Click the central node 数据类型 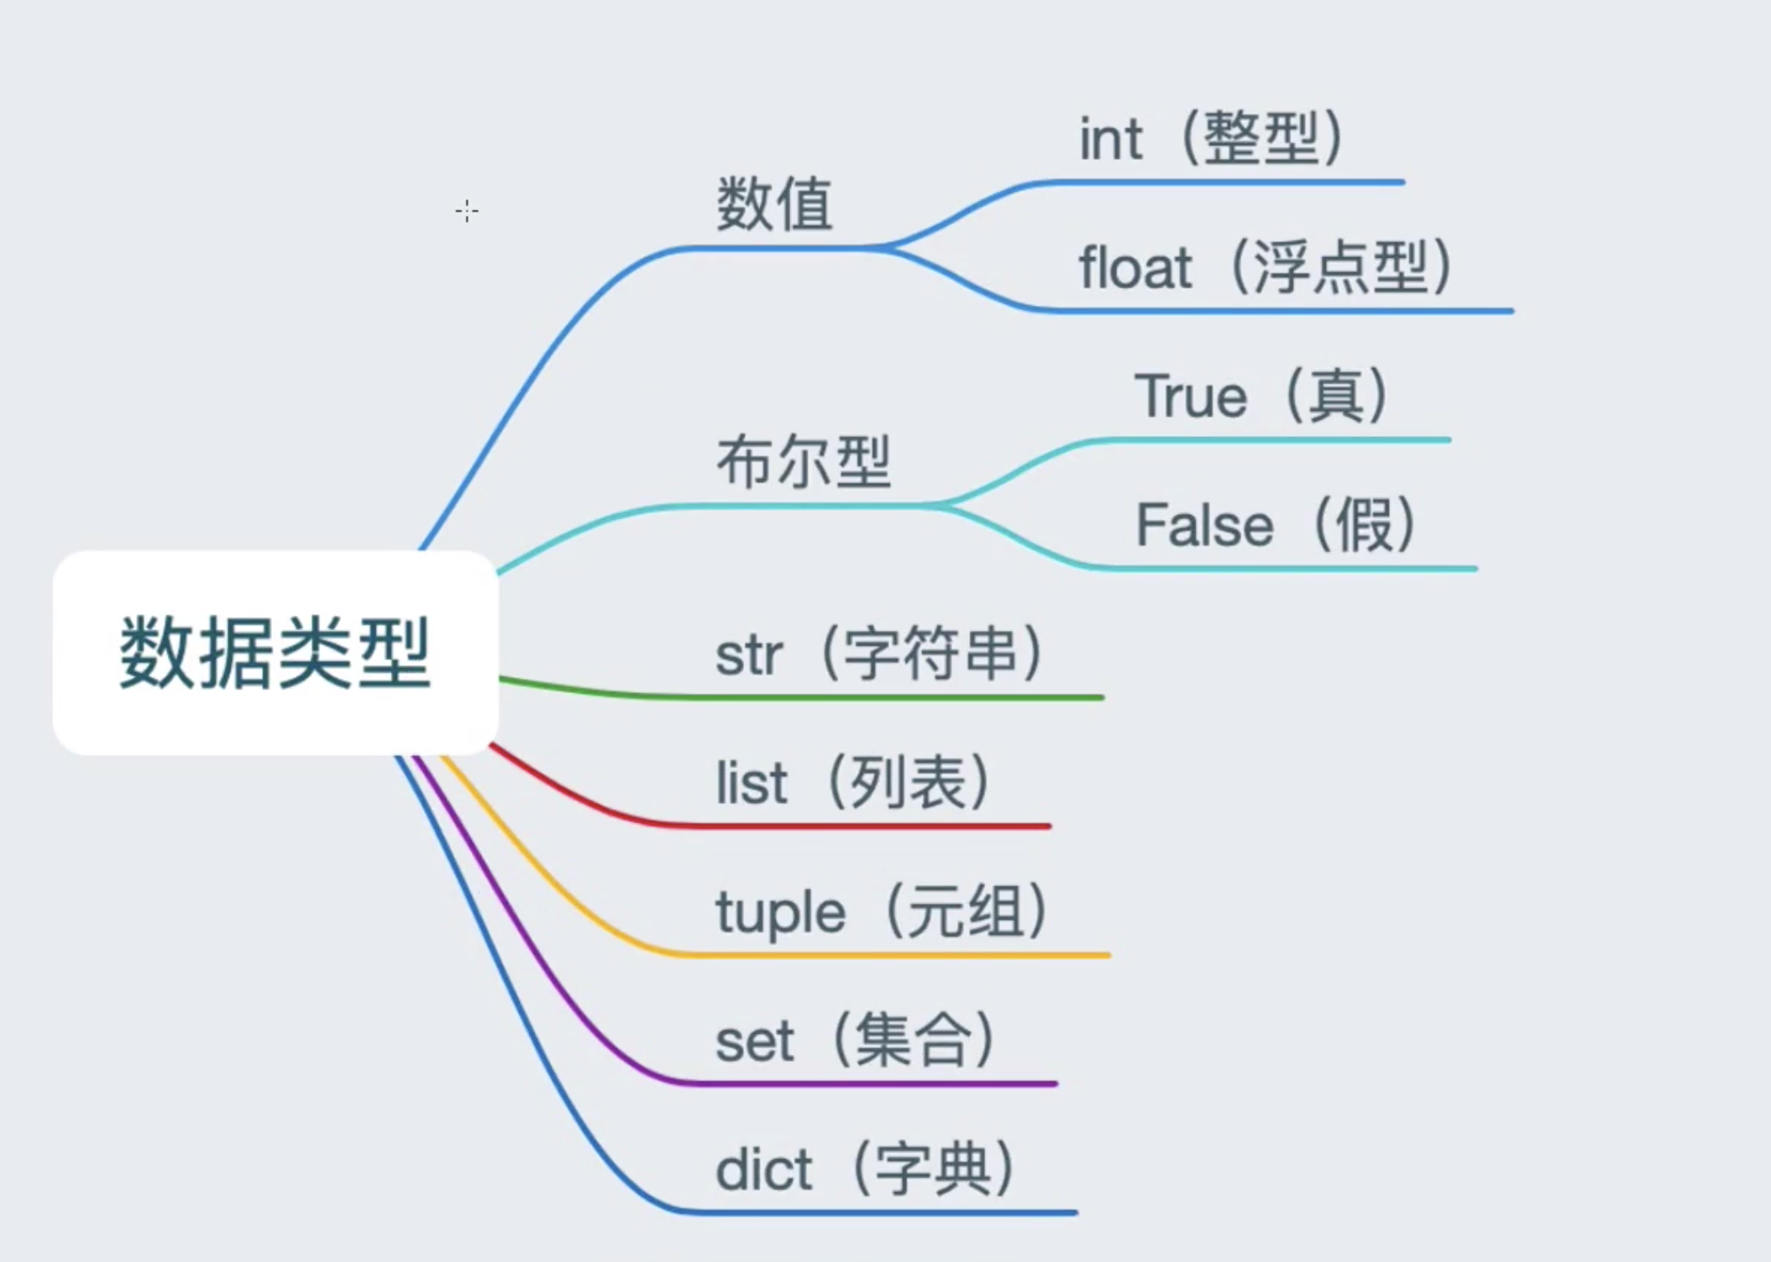pyautogui.click(x=275, y=652)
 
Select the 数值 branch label pyautogui.click(x=774, y=204)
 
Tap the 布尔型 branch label pyautogui.click(x=803, y=461)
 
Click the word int pyautogui.click(x=1110, y=139)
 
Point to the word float pyautogui.click(x=1135, y=267)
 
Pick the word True pyautogui.click(x=1190, y=396)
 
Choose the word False pyautogui.click(x=1204, y=525)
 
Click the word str pyautogui.click(x=748, y=655)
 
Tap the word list pyautogui.click(x=751, y=783)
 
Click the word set pyautogui.click(x=754, y=1042)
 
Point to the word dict pyautogui.click(x=763, y=1169)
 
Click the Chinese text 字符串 pyautogui.click(x=932, y=654)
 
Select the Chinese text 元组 pyautogui.click(x=966, y=912)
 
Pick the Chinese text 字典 pyautogui.click(x=933, y=1168)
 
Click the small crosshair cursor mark pyautogui.click(x=467, y=211)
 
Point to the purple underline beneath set pyautogui.click(x=874, y=1084)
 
